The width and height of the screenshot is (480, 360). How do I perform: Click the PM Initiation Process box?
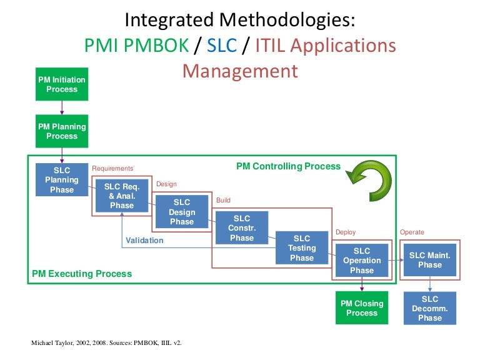click(x=62, y=84)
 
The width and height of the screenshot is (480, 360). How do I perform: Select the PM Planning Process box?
click(x=62, y=131)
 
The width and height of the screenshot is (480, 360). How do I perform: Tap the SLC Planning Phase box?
click(x=62, y=180)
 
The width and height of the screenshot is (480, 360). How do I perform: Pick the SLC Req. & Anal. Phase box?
click(x=122, y=196)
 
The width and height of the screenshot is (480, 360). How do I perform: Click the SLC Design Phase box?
click(x=182, y=212)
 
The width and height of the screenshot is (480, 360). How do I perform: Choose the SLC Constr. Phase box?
click(x=242, y=228)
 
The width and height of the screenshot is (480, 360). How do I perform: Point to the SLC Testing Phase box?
click(x=302, y=247)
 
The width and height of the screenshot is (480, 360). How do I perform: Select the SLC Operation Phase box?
click(x=362, y=261)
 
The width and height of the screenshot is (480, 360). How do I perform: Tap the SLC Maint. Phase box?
click(x=430, y=259)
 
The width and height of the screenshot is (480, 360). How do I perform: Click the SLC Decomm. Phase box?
click(x=430, y=309)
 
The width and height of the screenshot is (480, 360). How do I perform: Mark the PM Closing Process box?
click(x=362, y=308)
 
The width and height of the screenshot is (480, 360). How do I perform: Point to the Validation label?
click(x=144, y=240)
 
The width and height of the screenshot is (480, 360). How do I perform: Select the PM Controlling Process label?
click(x=288, y=166)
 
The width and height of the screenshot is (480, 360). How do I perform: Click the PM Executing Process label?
click(x=82, y=274)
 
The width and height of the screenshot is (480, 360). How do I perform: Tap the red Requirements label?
click(x=112, y=168)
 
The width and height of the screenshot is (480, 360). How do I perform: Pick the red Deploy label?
click(x=346, y=232)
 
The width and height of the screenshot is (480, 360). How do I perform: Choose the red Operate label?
click(x=412, y=232)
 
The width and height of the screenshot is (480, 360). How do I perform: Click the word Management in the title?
click(x=240, y=71)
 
